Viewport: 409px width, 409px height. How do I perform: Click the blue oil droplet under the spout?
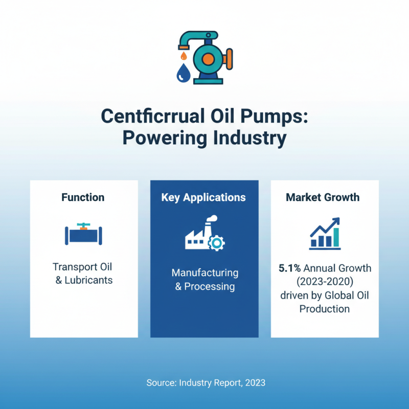point(183,73)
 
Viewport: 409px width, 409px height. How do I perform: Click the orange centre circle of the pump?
point(208,59)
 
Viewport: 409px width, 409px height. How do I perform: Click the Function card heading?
point(83,197)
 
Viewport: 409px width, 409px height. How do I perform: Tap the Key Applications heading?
point(203,197)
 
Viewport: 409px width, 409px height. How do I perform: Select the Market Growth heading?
point(323,197)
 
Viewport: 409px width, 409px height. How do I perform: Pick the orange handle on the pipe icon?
point(83,224)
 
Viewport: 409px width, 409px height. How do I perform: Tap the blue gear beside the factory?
point(217,242)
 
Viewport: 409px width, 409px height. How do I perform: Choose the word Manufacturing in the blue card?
point(204,272)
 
